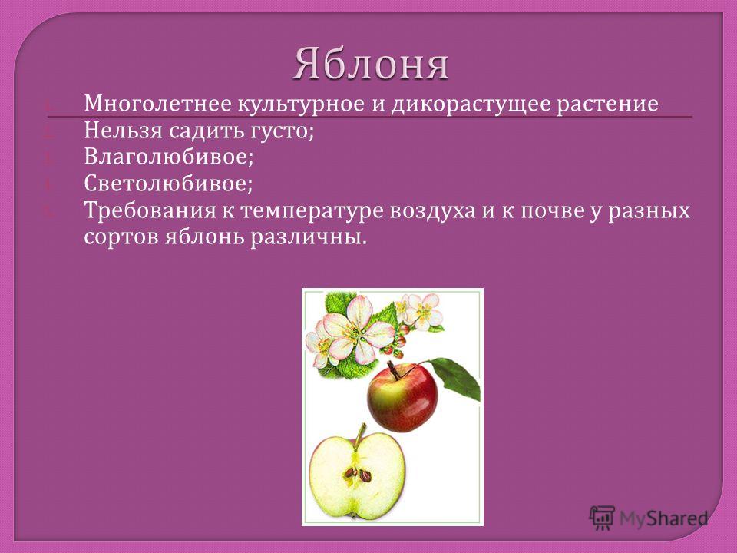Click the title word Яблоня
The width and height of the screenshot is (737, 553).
370,64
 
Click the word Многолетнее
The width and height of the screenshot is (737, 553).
157,104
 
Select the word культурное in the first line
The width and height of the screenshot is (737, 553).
301,104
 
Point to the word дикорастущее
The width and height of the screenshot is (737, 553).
471,104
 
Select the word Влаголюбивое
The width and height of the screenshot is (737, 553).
168,157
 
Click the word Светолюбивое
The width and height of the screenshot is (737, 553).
168,184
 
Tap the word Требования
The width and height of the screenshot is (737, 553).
150,210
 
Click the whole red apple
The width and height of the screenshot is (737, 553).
402,397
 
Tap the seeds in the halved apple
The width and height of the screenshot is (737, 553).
357,474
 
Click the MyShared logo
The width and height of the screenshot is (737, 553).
648,518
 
